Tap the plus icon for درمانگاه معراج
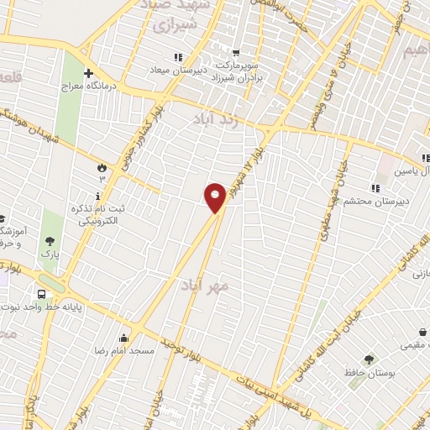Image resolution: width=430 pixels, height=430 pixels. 88,73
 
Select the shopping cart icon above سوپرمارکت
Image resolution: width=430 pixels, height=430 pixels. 237,51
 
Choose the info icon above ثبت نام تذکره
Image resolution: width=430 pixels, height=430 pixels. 99,195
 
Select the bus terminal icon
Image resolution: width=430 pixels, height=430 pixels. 41,294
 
